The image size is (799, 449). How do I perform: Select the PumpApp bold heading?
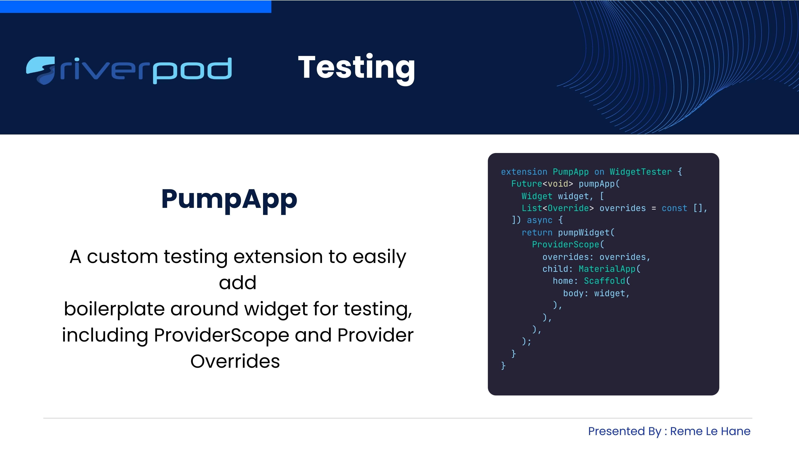(229, 200)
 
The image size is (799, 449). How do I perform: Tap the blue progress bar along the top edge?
(135, 6)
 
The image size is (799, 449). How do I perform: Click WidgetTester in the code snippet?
(640, 172)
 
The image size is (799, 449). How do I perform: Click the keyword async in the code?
(539, 220)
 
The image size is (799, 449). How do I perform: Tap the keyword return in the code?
(537, 233)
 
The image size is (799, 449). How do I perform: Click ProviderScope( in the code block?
(568, 245)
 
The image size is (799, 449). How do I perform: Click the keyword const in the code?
(674, 208)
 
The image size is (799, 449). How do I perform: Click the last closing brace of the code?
(503, 366)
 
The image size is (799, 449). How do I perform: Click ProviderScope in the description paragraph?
(221, 335)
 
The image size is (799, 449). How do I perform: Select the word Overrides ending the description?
(235, 361)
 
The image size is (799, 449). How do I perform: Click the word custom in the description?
(123, 257)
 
